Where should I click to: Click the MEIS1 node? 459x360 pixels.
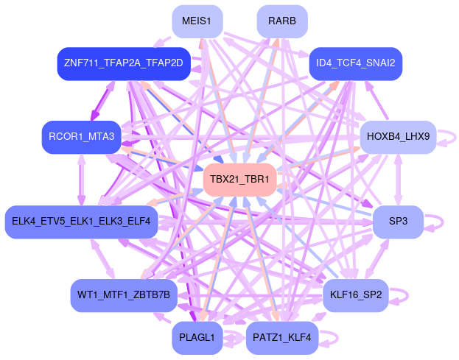tap(197, 21)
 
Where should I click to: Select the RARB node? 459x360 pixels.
tap(282, 21)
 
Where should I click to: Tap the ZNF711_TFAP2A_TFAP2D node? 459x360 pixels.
tap(123, 63)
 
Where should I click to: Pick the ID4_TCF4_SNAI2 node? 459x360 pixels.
tap(356, 63)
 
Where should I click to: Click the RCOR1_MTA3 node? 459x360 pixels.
tap(81, 137)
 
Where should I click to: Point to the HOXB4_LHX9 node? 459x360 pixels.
tap(398, 137)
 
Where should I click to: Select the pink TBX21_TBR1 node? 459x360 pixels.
tap(239, 179)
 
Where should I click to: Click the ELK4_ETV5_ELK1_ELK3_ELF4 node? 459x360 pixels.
tap(81, 221)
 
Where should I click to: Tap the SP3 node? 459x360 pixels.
tap(398, 221)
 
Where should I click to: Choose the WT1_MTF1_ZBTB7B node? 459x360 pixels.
tap(123, 295)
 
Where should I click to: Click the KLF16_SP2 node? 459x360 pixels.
tap(356, 295)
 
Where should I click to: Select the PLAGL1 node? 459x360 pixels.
tap(197, 337)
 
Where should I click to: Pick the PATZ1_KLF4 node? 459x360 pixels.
tap(282, 337)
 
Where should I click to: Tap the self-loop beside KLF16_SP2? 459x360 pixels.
tap(400, 295)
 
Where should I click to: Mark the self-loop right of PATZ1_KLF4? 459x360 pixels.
tap(329, 337)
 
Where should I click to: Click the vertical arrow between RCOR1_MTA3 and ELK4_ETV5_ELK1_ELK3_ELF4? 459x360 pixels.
tap(81, 179)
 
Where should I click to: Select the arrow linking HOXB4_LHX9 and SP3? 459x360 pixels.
tap(398, 179)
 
